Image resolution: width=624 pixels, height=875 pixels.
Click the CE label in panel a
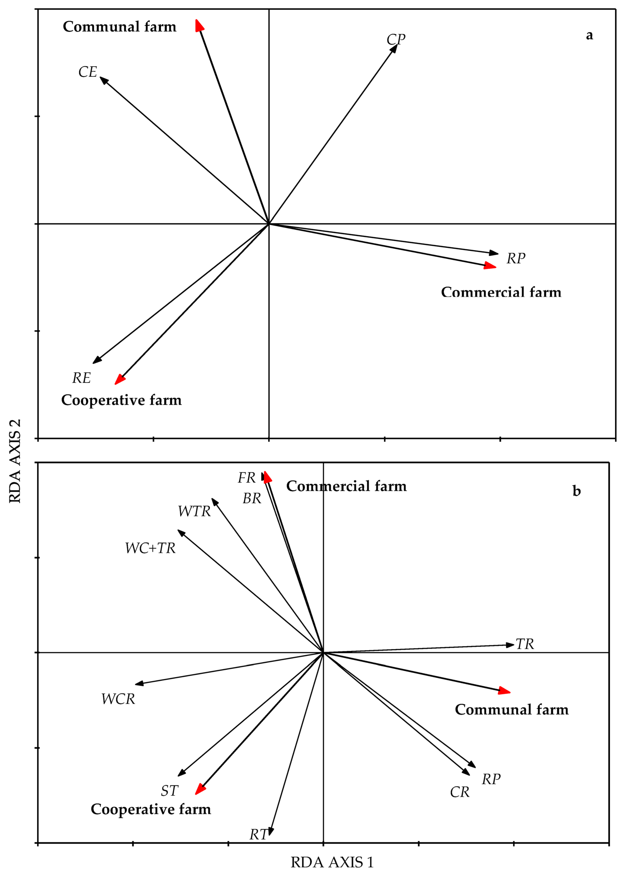[x=88, y=72]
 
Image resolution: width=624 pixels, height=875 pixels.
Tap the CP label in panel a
[x=396, y=39]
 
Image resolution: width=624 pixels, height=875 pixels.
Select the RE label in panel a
[x=81, y=378]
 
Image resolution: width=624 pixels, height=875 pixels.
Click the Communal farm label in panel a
[x=120, y=26]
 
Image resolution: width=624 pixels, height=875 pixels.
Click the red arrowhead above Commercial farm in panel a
[x=490, y=265]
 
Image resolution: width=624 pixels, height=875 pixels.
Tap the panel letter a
[x=589, y=35]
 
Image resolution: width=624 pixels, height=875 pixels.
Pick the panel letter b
[x=576, y=491]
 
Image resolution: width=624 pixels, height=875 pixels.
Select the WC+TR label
[x=150, y=548]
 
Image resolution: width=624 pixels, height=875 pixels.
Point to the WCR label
[x=118, y=699]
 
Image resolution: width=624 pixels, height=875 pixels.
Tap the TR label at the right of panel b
[x=525, y=644]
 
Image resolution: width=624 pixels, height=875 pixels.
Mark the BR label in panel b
[x=252, y=499]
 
